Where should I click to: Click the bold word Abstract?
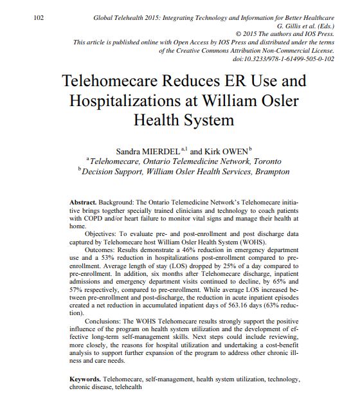pyautogui.click(x=84, y=201)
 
